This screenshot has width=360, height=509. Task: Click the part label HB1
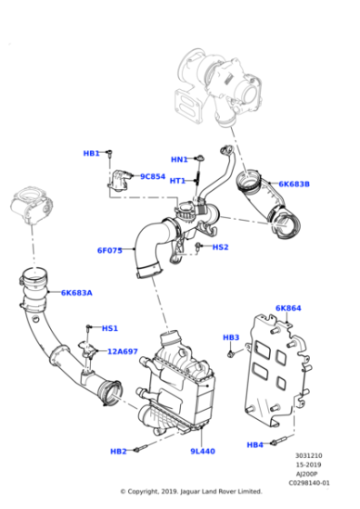[91, 154]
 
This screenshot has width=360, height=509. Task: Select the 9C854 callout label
[152, 176]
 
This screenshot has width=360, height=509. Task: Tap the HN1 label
[179, 159]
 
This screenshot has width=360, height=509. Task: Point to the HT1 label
[177, 180]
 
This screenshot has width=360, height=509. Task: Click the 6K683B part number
[294, 185]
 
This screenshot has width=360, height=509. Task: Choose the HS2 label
[220, 246]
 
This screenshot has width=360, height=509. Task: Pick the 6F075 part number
[109, 251]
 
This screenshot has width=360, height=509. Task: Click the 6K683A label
[76, 293]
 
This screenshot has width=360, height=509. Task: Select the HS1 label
[109, 328]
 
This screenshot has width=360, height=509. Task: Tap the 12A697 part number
[123, 351]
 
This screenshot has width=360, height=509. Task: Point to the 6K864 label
[287, 308]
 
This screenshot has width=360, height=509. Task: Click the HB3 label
[231, 337]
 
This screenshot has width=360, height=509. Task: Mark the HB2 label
[118, 451]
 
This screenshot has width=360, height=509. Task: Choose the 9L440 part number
[202, 451]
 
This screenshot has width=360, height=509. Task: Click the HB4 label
[254, 444]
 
